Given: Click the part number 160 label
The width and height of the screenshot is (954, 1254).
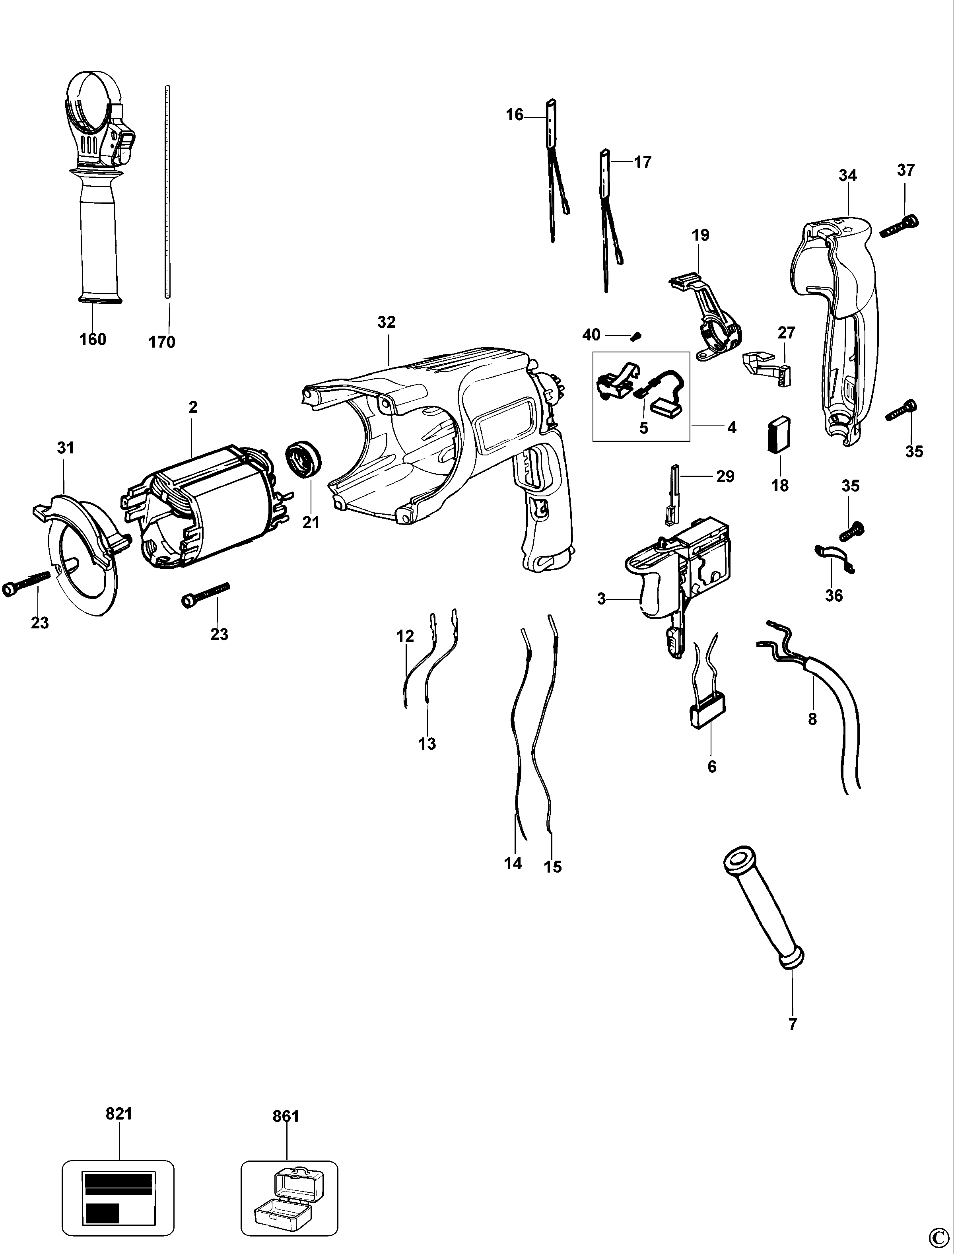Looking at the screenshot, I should point(93,339).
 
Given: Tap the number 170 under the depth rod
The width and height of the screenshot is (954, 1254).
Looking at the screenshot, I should point(162,342).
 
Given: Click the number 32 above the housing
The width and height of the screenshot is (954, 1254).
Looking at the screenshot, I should point(386,322).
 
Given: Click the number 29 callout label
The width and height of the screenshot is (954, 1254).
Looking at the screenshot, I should point(725,476).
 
